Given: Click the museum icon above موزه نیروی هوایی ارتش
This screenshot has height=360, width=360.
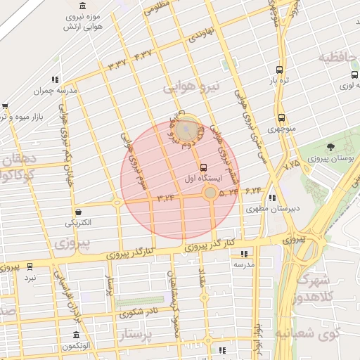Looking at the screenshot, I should tap(84, 6).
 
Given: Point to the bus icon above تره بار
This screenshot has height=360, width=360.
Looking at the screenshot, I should tap(280, 70).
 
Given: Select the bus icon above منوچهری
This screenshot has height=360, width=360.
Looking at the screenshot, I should tap(281, 117).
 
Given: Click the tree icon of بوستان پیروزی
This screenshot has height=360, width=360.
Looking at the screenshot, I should tap(330, 147).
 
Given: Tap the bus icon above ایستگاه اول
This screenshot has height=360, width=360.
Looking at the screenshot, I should tap(203, 167).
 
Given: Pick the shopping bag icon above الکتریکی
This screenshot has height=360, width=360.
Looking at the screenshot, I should tap(77, 212).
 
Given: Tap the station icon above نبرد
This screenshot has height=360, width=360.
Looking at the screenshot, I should tap(30, 266).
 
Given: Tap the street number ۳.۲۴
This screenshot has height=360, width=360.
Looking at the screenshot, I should tap(166, 198).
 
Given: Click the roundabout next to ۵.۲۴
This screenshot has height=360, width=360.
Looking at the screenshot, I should tap(210, 193).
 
